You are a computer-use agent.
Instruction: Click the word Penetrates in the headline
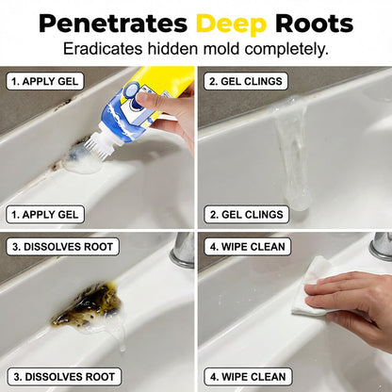click(x=113, y=24)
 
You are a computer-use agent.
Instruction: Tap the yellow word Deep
click(x=232, y=24)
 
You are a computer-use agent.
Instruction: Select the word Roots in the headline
click(x=314, y=24)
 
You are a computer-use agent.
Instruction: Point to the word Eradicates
click(x=103, y=49)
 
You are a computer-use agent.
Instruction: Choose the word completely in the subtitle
click(x=286, y=50)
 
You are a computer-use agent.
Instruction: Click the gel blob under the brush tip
click(x=82, y=162)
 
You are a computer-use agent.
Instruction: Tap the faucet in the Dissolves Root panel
click(x=183, y=250)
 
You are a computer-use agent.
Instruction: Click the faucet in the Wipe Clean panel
click(x=381, y=247)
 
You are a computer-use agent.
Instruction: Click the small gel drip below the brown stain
click(x=121, y=337)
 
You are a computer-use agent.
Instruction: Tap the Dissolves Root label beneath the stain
click(x=64, y=377)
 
